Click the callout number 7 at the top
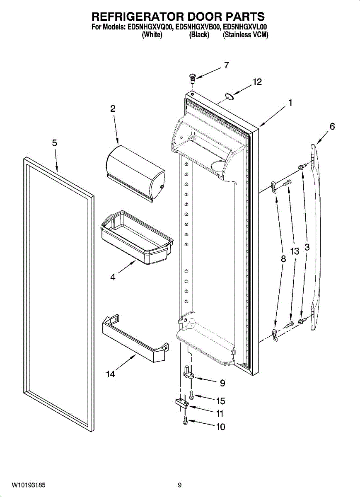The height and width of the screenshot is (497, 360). click(x=226, y=65)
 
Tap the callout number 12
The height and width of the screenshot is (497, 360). click(x=257, y=82)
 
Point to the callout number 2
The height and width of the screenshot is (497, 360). click(x=113, y=109)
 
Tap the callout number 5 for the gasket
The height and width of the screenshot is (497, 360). click(x=55, y=143)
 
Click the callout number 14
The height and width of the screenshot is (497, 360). click(x=110, y=374)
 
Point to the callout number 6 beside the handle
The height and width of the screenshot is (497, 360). click(x=332, y=126)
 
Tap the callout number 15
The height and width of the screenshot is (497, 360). click(x=220, y=401)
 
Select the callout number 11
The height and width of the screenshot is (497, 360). click(x=220, y=413)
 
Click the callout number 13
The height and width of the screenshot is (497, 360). click(x=295, y=251)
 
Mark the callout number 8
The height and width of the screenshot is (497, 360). click(x=283, y=259)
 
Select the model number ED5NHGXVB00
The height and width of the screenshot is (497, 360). click(x=198, y=27)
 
